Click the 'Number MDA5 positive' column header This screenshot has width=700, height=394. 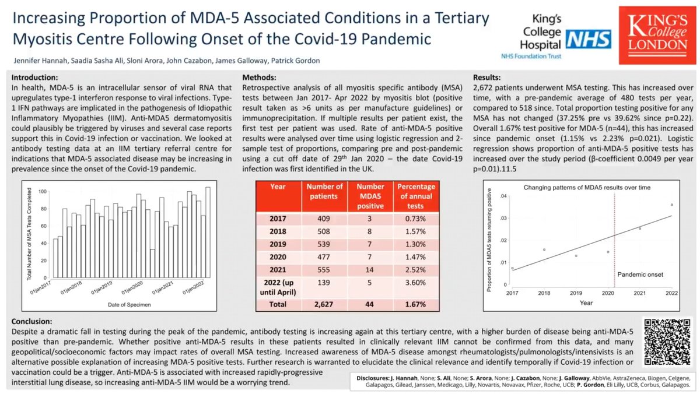pos(368,195)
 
